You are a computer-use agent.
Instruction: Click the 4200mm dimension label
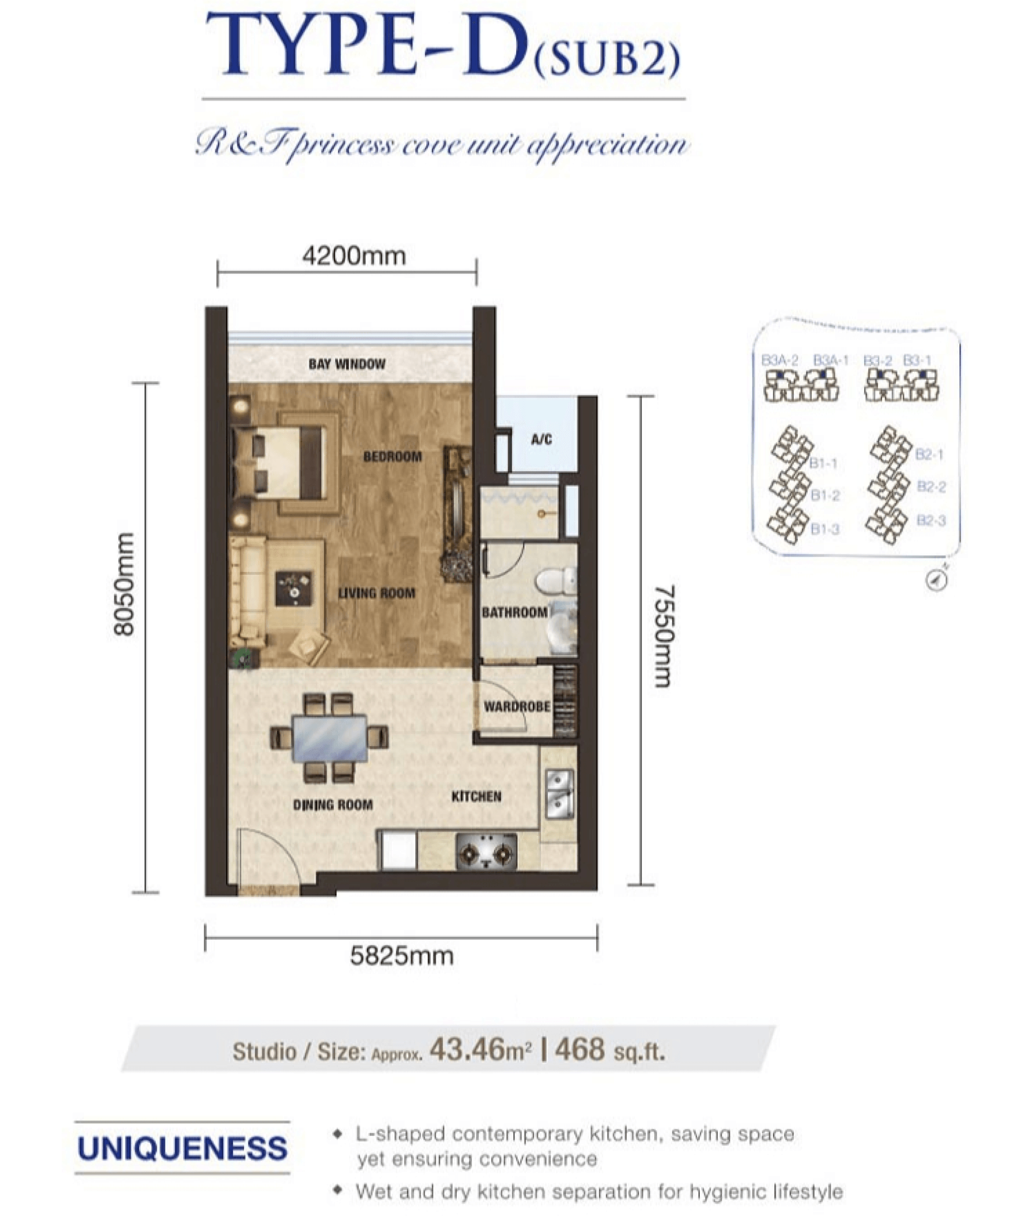click(354, 256)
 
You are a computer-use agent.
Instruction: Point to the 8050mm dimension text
click(124, 584)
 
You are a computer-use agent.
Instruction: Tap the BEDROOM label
click(393, 456)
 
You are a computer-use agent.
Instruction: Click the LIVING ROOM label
click(376, 593)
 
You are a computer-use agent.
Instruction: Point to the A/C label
click(541, 439)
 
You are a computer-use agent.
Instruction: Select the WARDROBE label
click(517, 707)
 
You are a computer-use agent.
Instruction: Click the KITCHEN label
click(476, 797)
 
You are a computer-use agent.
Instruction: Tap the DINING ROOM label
click(333, 805)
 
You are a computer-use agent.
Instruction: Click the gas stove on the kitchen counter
click(487, 852)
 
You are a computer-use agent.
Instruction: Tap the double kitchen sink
click(560, 794)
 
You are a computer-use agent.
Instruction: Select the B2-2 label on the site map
click(931, 486)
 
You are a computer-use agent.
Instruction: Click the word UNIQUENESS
click(182, 1149)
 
